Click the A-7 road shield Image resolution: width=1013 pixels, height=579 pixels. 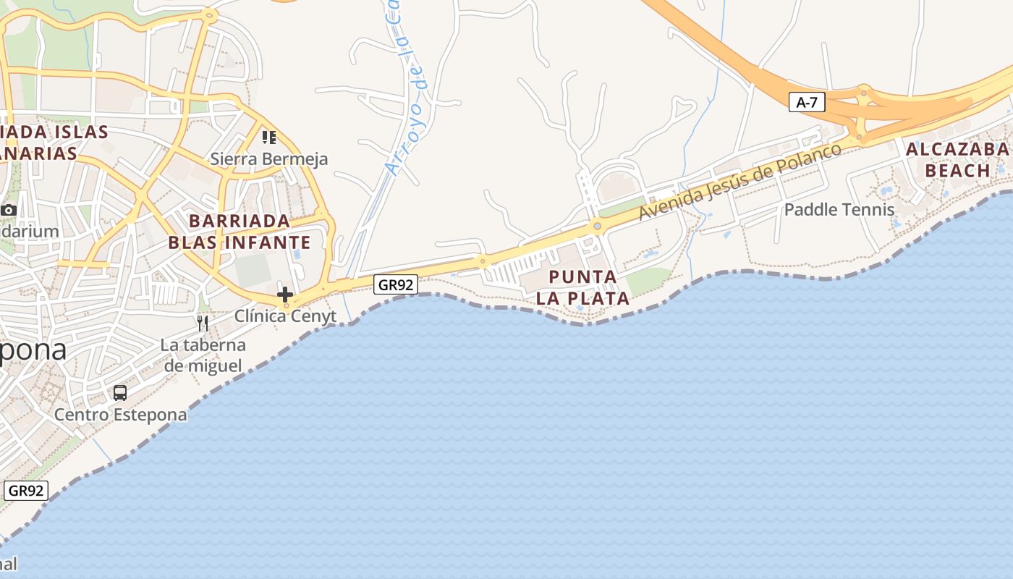tap(806, 102)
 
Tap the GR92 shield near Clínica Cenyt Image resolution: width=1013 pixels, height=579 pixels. tap(396, 284)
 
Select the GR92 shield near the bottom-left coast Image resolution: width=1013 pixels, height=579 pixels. tap(26, 490)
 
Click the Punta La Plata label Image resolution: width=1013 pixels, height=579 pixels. tap(582, 287)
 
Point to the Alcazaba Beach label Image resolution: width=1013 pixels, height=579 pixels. tap(957, 160)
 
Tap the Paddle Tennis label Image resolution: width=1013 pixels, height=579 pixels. tap(839, 210)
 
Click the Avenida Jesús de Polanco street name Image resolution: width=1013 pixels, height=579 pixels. tap(741, 181)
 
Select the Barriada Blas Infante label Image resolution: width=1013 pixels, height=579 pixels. tap(240, 232)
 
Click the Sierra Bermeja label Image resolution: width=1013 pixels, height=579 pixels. tap(269, 159)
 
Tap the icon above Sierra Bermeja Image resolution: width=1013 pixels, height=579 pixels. tap(269, 137)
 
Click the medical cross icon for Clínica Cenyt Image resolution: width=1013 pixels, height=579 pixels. tap(285, 294)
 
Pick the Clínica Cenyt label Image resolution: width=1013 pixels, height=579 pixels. tap(285, 316)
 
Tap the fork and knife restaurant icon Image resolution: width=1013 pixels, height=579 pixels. tap(203, 323)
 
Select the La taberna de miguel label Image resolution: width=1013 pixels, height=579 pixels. tap(203, 355)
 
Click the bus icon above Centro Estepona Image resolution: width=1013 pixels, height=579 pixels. tap(120, 393)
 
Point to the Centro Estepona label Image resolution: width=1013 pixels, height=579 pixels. tap(120, 415)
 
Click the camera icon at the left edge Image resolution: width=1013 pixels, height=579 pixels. tap(9, 210)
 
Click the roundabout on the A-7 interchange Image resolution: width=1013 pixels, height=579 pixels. tap(862, 92)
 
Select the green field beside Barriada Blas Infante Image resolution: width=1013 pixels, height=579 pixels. tap(253, 270)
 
